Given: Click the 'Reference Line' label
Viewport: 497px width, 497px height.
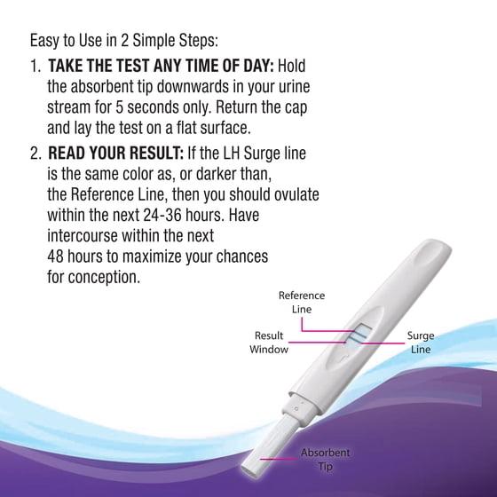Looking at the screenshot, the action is coord(302,302).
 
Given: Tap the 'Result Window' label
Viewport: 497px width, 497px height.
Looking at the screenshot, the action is coord(269,343).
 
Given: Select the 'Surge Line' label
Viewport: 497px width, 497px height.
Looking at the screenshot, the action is coord(421,343).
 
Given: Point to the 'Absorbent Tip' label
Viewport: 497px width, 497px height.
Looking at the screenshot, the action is coord(325,460).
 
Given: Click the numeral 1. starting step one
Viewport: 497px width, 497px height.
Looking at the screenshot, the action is coord(35,66).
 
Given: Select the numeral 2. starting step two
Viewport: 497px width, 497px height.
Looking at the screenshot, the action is coord(35,154).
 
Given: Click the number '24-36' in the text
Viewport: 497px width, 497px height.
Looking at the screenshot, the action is coord(162,215).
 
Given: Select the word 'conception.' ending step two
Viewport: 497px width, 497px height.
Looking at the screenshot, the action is coord(104,277).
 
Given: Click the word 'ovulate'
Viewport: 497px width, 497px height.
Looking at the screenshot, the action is coord(296,194).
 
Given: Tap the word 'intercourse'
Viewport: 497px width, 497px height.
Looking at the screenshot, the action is coord(83,236).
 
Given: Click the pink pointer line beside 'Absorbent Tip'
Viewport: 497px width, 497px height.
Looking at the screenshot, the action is coord(279,458).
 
